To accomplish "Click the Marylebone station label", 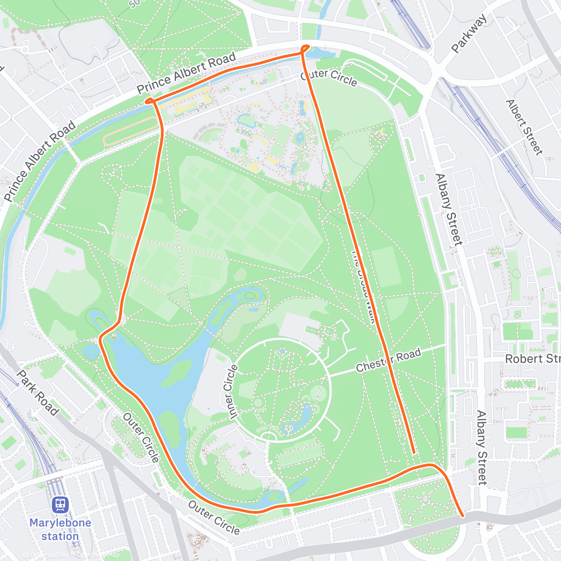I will tap(60, 529).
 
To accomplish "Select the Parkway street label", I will tap(469, 33).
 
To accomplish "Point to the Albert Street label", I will tap(525, 127).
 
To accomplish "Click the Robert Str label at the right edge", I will tap(532, 359).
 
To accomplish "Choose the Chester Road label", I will tap(388, 360).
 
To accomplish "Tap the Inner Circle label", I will tap(228, 391).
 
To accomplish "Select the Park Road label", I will tap(37, 393).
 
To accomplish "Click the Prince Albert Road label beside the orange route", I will tap(186, 73).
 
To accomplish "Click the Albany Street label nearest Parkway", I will tap(448, 209).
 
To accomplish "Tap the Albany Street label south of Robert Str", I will tap(482, 448).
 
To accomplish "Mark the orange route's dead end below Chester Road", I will tap(414, 452).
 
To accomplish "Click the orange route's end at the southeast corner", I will tap(462, 516).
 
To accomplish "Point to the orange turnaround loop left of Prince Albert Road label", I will tap(150, 101).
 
